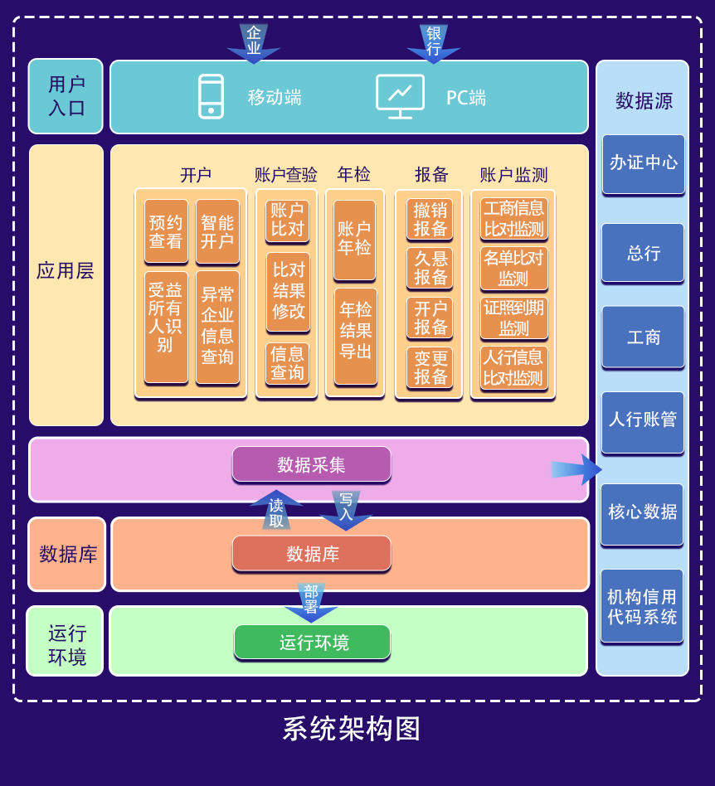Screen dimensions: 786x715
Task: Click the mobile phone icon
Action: [211, 97]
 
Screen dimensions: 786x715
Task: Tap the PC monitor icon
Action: [400, 96]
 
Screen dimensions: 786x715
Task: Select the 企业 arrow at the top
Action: [254, 42]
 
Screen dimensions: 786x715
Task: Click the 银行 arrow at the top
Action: [434, 42]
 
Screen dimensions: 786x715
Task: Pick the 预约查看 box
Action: [166, 231]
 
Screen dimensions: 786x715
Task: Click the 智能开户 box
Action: [217, 231]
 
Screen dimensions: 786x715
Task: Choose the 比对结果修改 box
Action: [288, 291]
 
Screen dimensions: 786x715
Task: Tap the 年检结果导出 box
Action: [356, 335]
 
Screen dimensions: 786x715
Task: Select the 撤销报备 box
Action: [430, 220]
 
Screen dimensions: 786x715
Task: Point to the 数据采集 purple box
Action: [311, 464]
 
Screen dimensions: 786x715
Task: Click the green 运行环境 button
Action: [312, 643]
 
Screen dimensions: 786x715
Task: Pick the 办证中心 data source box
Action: [644, 163]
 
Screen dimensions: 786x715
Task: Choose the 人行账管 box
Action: [644, 421]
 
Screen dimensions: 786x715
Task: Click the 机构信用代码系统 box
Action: [642, 606]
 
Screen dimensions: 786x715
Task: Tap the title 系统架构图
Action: [352, 729]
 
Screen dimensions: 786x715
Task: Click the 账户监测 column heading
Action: [513, 175]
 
